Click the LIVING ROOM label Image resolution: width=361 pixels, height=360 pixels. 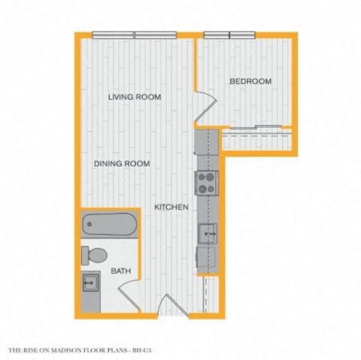pos(135,97)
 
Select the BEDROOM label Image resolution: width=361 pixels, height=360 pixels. pos(250,81)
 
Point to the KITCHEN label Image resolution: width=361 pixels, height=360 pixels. pos(171,207)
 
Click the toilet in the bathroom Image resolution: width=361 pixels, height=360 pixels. pos(94,256)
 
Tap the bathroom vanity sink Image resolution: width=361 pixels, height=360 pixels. pos(92,284)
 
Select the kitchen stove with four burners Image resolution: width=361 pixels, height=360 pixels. pos(206,183)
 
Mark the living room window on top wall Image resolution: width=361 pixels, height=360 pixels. pos(134,35)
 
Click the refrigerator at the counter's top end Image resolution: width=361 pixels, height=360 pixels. pos(206,141)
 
